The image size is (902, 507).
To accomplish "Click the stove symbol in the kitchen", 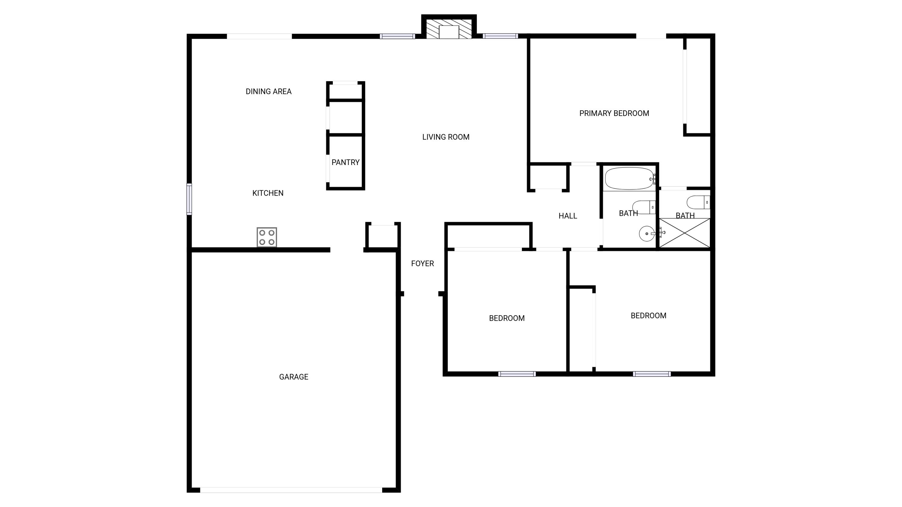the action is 267,237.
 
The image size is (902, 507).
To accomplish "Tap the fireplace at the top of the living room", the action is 449,27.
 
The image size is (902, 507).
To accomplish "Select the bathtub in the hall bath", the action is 629,179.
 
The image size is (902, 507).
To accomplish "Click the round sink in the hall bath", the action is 647,234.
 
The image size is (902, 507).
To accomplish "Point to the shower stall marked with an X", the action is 685,233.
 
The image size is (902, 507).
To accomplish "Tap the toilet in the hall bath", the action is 644,207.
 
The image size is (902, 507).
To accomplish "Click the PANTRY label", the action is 345,162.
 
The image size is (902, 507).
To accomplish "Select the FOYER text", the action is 422,264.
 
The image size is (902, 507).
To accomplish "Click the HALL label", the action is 568,216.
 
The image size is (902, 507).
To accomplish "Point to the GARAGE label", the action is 293,377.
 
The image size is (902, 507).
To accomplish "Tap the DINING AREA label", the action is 268,92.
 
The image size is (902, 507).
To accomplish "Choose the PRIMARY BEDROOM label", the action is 614,113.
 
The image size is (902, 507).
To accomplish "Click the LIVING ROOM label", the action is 446,137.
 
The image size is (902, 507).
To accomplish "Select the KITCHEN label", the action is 268,193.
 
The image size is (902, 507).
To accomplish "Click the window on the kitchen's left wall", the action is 189,199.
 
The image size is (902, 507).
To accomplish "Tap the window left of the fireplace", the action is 397,36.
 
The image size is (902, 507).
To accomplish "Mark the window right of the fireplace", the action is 500,36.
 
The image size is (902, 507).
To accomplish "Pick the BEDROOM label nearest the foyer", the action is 507,318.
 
